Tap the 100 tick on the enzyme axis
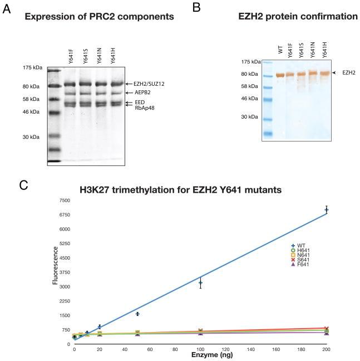coord(200,350)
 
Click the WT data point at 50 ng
coord(137,314)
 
